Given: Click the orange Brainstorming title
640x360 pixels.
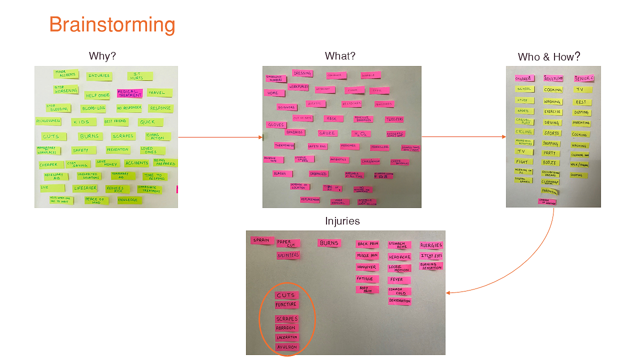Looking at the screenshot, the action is (x=112, y=24).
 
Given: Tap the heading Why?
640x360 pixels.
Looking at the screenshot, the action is (x=102, y=56).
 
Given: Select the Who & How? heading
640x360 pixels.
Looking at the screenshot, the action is (x=549, y=56).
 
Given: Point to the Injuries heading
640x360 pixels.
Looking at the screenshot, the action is (x=342, y=221).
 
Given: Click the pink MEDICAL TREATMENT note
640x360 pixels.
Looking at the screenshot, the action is (x=130, y=93).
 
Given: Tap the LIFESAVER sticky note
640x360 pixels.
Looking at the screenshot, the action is (x=84, y=188).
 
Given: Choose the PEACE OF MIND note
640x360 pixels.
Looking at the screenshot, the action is (x=96, y=200).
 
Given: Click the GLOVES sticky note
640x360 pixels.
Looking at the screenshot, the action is (x=276, y=124).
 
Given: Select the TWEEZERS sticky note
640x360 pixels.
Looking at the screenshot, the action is (x=394, y=119).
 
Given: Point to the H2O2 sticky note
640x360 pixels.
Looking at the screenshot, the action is (x=360, y=133).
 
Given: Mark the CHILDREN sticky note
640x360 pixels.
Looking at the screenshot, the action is (x=524, y=78).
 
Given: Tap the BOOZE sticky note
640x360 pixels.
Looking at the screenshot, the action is (x=550, y=162).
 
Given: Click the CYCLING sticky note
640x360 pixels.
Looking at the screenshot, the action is (x=524, y=132).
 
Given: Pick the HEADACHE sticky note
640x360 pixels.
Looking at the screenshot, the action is (x=399, y=257).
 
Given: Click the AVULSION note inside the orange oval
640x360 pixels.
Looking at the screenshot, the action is (x=287, y=347).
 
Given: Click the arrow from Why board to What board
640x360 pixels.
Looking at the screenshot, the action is (x=220, y=137).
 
